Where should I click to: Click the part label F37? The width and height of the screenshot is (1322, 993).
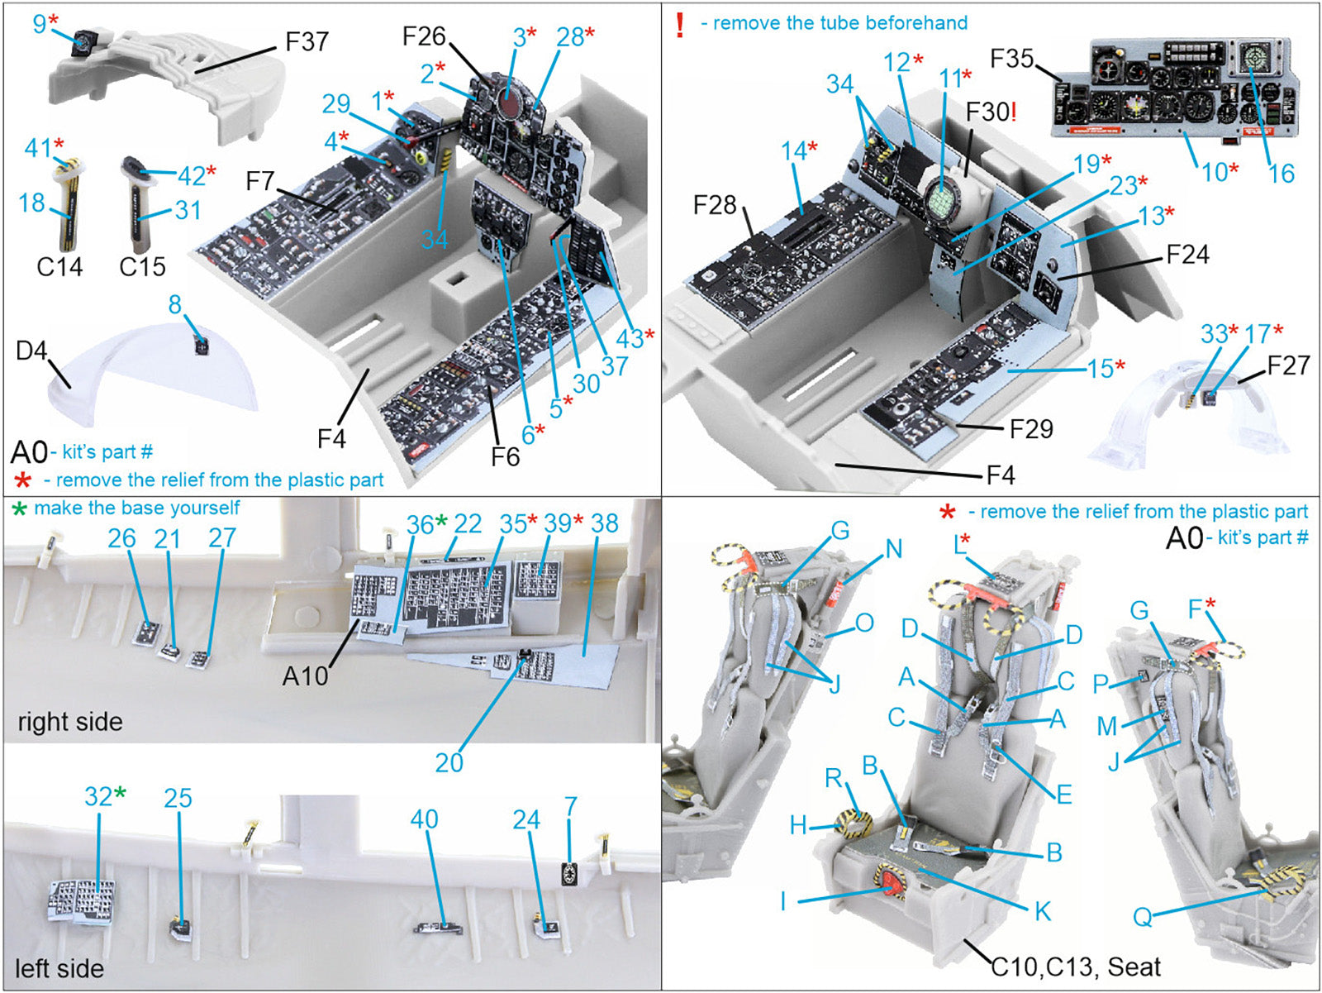click(307, 42)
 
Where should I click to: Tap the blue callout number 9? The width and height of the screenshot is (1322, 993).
click(40, 24)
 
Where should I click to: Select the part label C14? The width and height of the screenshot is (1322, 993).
click(59, 266)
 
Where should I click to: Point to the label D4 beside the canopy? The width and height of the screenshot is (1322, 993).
click(31, 351)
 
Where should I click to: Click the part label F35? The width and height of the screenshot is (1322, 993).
click(1011, 59)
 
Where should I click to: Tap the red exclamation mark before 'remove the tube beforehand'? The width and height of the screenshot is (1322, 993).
click(679, 25)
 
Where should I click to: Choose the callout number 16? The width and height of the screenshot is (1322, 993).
click(1281, 173)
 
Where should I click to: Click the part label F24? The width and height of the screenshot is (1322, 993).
click(1187, 254)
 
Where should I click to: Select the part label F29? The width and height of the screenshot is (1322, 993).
click(1031, 428)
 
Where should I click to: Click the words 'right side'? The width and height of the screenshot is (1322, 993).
click(70, 722)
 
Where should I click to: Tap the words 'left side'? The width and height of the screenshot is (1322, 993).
click(59, 968)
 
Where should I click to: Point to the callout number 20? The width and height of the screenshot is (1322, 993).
click(449, 762)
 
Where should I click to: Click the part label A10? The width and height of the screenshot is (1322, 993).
click(306, 676)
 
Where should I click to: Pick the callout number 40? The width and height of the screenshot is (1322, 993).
click(424, 819)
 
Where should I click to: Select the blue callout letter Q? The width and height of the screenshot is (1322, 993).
click(1143, 916)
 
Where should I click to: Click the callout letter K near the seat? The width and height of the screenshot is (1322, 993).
click(1043, 911)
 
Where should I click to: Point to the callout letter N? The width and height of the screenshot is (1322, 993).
click(893, 549)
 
